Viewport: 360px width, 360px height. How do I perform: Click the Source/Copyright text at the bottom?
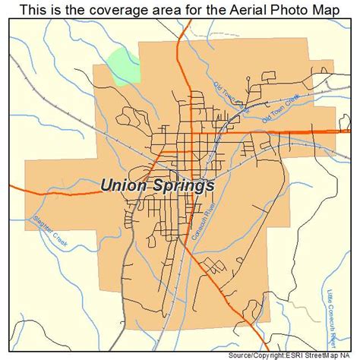pos(242,354)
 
